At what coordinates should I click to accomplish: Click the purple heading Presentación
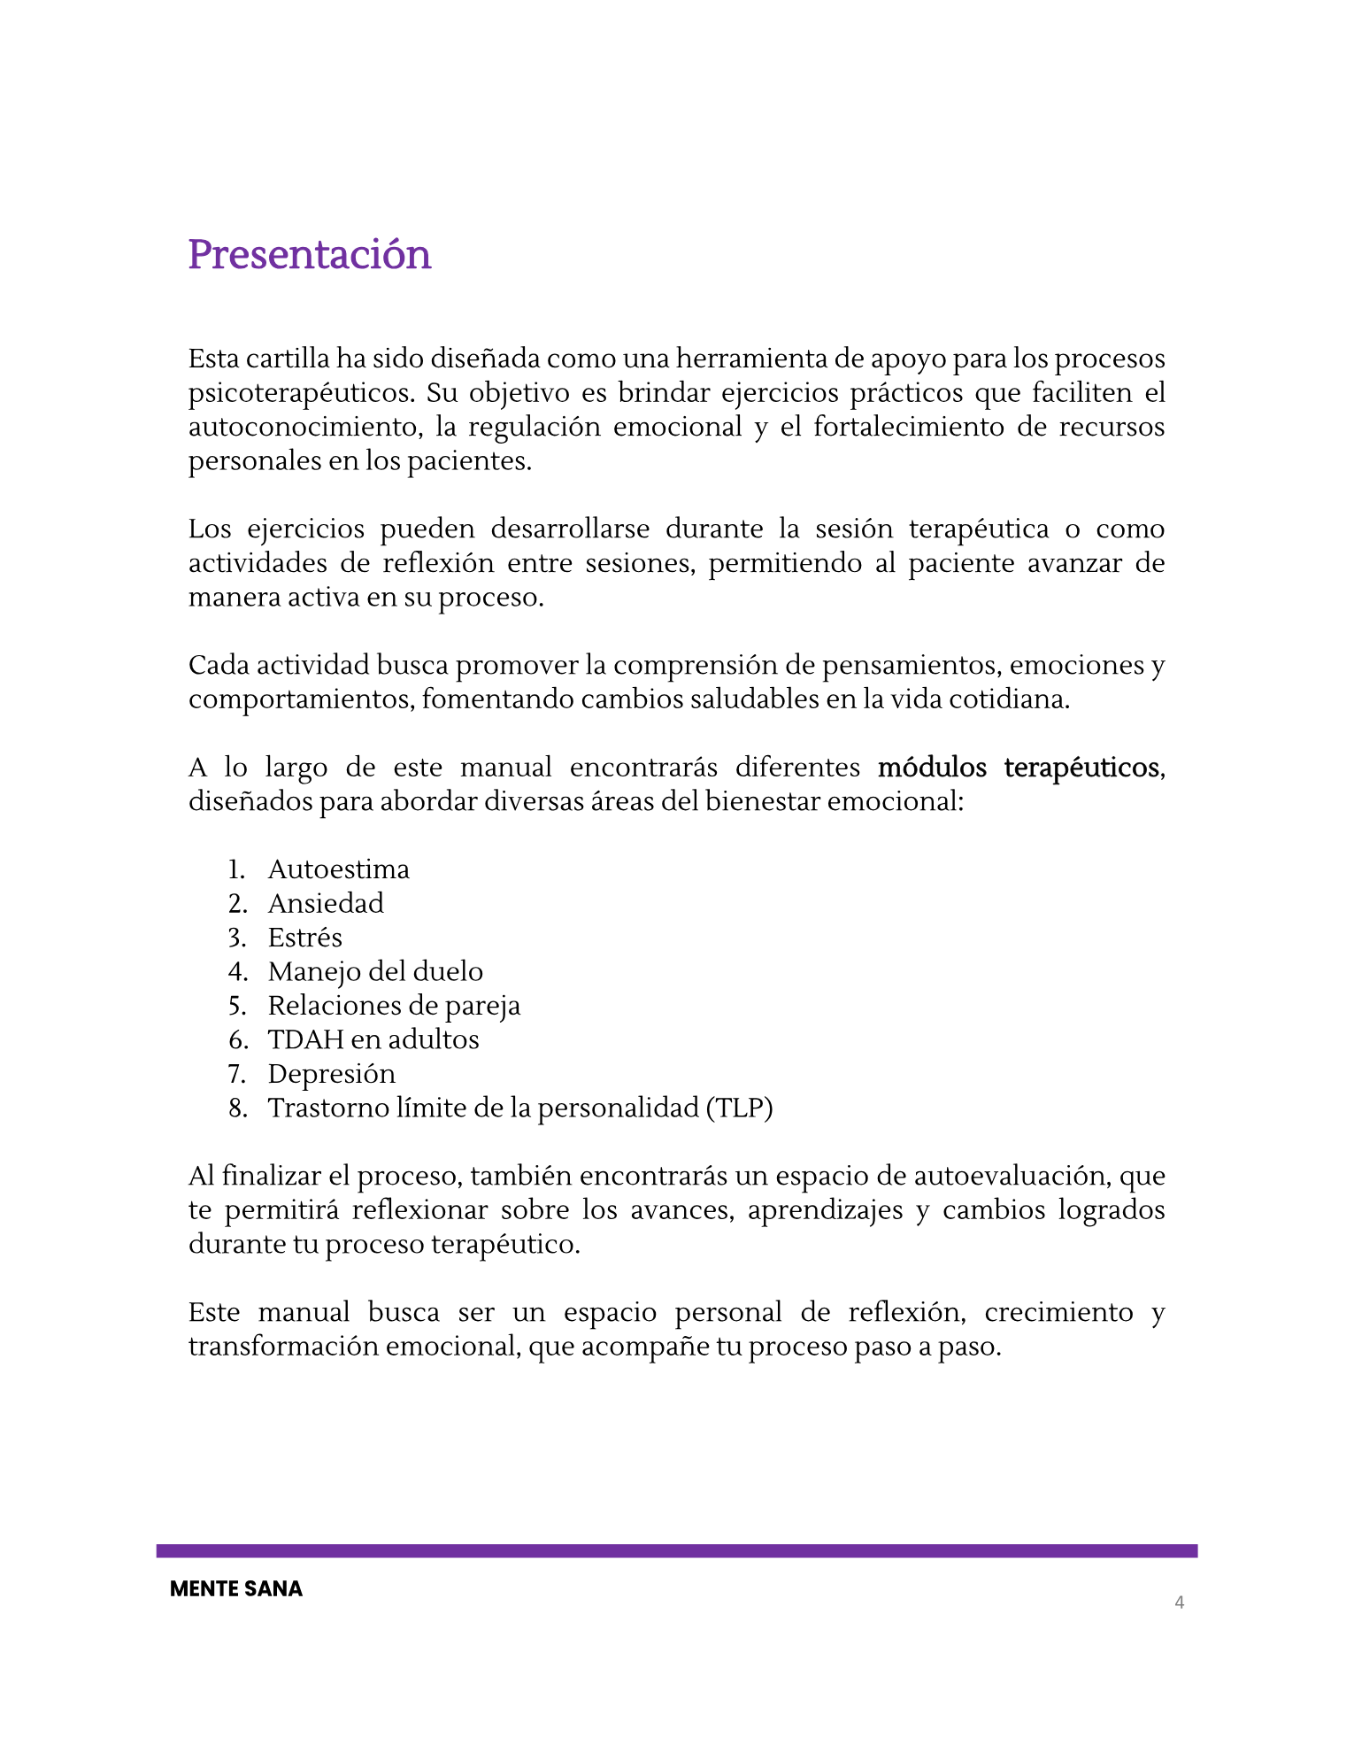[x=309, y=255]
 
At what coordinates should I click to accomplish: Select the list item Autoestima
[x=338, y=869]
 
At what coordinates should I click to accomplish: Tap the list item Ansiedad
[x=326, y=903]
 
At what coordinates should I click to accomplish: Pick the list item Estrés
[x=304, y=938]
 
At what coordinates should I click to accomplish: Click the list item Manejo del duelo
[x=375, y=972]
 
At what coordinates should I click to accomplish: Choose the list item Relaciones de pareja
[x=394, y=1006]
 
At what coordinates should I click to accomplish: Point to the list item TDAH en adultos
[x=373, y=1039]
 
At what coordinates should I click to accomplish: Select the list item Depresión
[x=332, y=1074]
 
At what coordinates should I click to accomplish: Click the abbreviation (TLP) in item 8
[x=739, y=1108]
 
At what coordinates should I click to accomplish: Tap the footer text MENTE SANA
[x=236, y=1589]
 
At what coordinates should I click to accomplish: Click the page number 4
[x=1179, y=1602]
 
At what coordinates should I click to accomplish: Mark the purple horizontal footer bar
[x=677, y=1551]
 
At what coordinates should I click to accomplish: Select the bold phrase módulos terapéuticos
[x=1018, y=768]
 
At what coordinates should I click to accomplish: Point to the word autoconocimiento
[x=304, y=427]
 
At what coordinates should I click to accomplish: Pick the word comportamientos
[x=299, y=699]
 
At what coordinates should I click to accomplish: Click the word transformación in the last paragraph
[x=282, y=1347]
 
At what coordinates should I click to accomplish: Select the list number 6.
[x=237, y=1039]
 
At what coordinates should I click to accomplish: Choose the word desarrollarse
[x=570, y=529]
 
